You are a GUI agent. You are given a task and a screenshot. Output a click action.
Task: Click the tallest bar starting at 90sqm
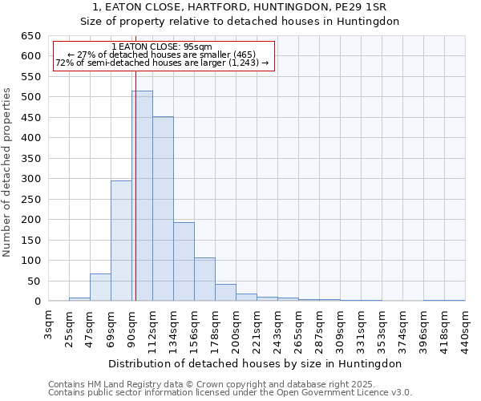coord(142,196)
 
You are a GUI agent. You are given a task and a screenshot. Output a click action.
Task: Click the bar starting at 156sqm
coord(204,279)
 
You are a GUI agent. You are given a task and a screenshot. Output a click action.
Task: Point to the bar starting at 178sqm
coord(225,293)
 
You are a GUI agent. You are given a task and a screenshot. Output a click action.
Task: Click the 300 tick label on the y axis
coord(30,179)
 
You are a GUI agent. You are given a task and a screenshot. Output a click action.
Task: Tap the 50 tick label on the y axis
coord(34,282)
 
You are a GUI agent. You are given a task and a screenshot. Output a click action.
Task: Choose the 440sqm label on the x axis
coord(465,328)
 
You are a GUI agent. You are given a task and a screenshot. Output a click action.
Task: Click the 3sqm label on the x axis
coord(49,325)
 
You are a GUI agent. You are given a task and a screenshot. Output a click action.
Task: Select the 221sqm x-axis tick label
coord(257,328)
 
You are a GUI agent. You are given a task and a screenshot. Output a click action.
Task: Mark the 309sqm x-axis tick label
coord(340,328)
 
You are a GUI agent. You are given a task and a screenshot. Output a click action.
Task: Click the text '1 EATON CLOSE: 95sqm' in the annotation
coord(162,47)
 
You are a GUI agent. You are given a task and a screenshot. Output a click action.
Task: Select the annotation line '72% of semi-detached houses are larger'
coord(162,63)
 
